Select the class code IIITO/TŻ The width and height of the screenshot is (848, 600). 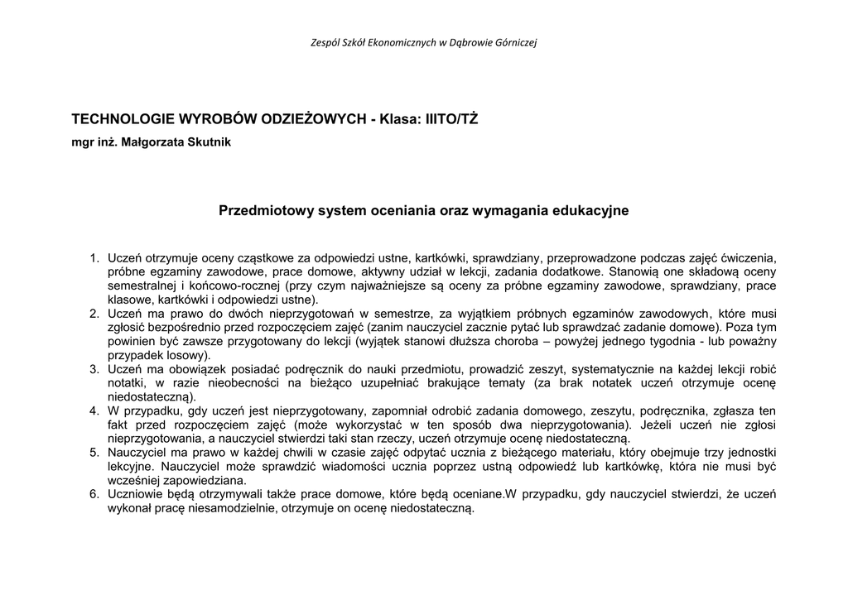pos(451,119)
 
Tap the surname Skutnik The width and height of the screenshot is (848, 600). pos(206,142)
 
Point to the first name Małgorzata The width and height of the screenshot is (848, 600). pos(150,142)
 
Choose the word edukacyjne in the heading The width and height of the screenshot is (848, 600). pos(593,211)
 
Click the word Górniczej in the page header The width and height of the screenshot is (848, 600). pos(518,42)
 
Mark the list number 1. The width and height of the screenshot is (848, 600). pos(94,257)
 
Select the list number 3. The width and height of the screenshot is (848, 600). pos(94,369)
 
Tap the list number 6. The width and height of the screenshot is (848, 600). pos(94,495)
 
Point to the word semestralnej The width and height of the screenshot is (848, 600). pos(142,286)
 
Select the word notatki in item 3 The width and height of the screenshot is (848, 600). pos(127,383)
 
